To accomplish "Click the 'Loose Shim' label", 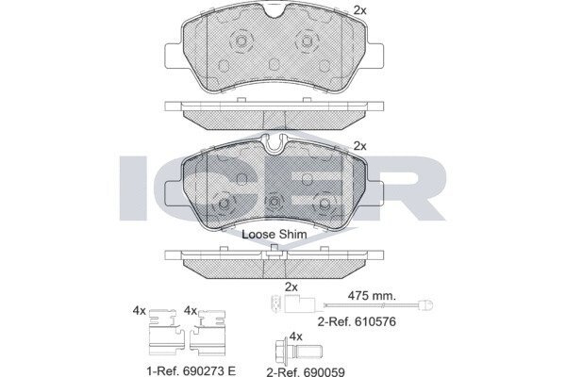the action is tap(275, 235).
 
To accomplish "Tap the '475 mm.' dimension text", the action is tap(372, 296).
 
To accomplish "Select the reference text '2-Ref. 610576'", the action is tap(357, 321).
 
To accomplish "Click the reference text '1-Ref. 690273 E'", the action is tap(191, 370).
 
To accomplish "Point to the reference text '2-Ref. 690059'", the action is tap(306, 372).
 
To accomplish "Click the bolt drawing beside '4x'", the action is tap(299, 350).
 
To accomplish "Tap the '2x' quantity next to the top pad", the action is tap(359, 10).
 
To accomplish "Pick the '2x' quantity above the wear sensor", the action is tap(291, 287).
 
